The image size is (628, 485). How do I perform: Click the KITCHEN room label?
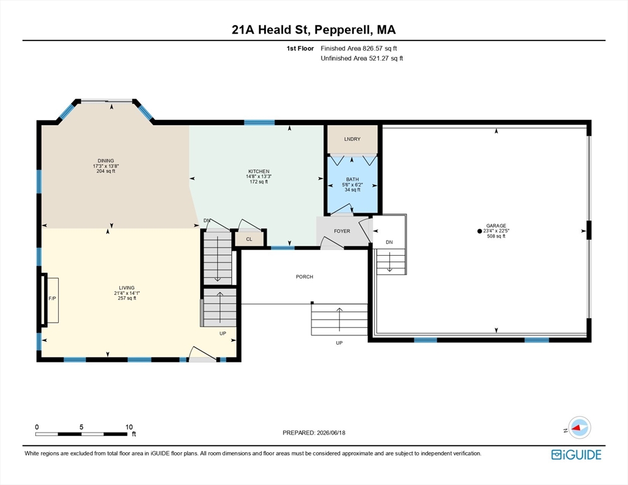coord(259,171)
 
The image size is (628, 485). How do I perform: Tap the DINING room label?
coord(106,160)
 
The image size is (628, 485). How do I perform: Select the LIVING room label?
coord(126,287)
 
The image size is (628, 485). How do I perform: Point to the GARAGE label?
coord(496,225)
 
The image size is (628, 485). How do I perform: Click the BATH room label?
coord(353,179)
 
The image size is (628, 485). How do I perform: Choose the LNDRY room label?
coord(352,139)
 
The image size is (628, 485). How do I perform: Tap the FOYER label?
coord(342,231)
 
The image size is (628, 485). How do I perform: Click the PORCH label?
coord(305,277)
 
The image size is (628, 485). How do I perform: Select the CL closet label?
coord(249,239)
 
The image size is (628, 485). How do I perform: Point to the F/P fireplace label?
coord(52,298)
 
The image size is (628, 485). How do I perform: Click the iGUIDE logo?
coord(576,455)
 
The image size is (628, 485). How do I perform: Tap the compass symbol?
coord(579,428)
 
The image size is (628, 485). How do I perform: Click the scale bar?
coord(82,434)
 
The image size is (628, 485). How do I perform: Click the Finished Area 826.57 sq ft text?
coord(359,49)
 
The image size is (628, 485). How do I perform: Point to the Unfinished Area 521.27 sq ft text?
coord(362,59)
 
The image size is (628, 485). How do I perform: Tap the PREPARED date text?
coord(314,433)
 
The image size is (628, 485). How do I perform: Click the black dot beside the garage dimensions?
coord(480,231)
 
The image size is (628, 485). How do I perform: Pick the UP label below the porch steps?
coord(339,343)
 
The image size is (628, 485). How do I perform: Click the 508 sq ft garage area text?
coord(496,236)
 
